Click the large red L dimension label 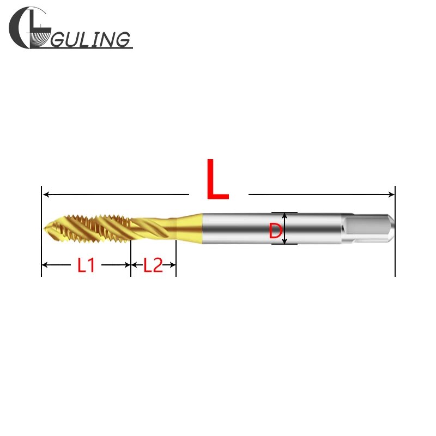(217, 180)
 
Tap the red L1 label (86, 265)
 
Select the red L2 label (153, 265)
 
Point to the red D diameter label (276, 231)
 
